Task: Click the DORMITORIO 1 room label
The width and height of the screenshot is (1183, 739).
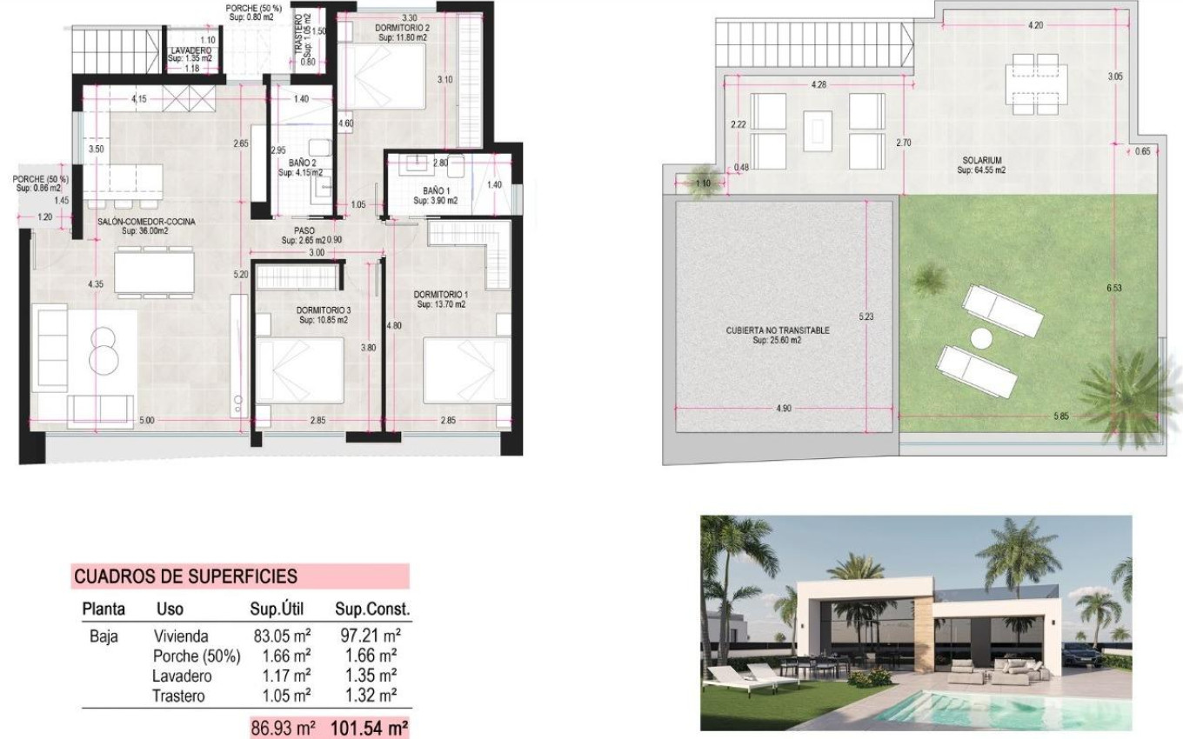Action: pyautogui.click(x=440, y=299)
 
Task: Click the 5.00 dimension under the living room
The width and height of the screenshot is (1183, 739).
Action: pyautogui.click(x=146, y=421)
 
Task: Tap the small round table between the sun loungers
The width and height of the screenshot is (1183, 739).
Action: pyautogui.click(x=982, y=338)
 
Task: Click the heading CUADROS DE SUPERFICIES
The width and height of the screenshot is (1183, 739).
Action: pyautogui.click(x=185, y=576)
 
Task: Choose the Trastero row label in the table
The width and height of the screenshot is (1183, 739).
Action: pyautogui.click(x=178, y=696)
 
